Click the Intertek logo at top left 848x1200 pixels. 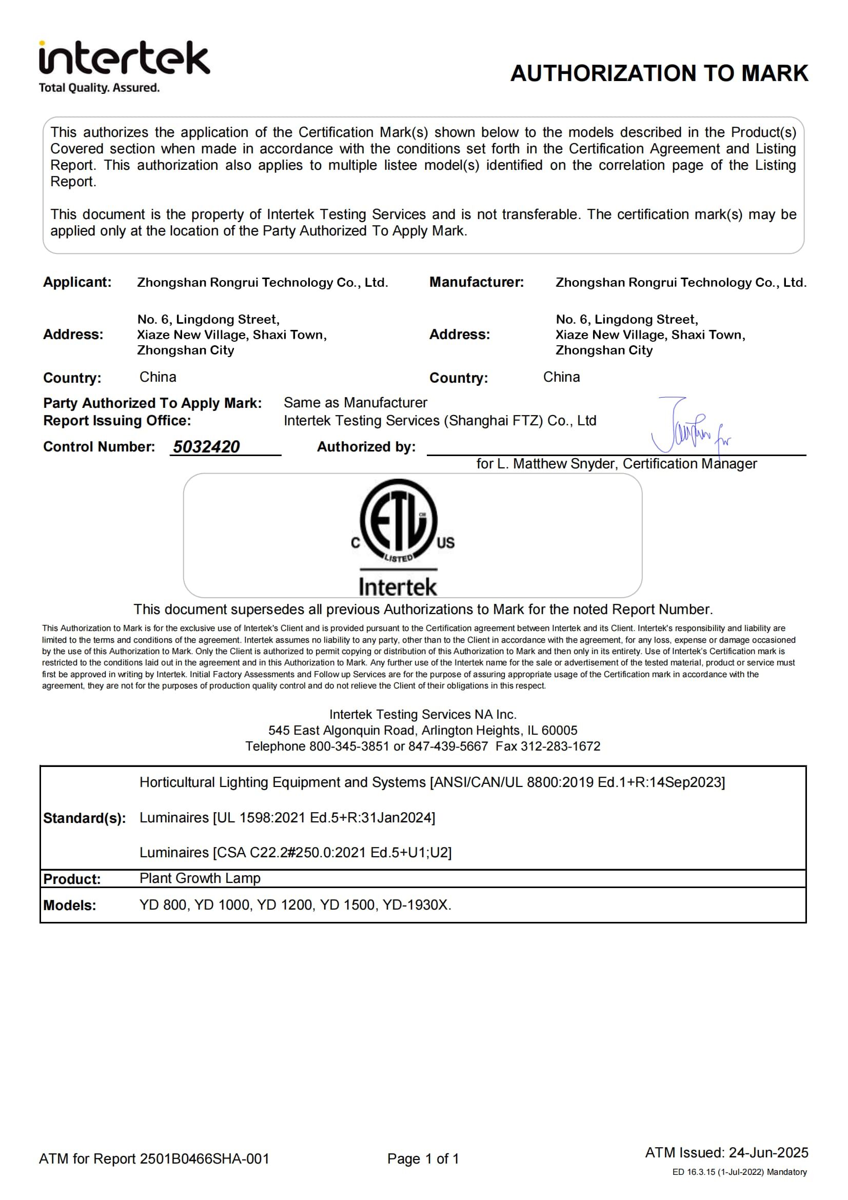click(124, 58)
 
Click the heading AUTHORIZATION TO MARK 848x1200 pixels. click(659, 73)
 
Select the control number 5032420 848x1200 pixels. click(206, 447)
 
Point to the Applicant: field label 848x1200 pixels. click(77, 282)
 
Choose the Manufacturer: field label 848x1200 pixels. click(476, 282)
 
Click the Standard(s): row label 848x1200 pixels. click(84, 818)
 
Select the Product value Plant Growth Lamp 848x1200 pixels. click(200, 878)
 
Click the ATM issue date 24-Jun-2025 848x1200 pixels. click(768, 1152)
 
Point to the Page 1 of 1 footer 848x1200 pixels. click(423, 1159)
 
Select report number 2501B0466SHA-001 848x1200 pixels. click(204, 1159)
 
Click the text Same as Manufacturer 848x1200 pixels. click(356, 402)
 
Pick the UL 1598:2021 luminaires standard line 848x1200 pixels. click(287, 817)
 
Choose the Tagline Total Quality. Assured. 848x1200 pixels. click(100, 88)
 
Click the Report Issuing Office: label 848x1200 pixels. click(117, 421)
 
